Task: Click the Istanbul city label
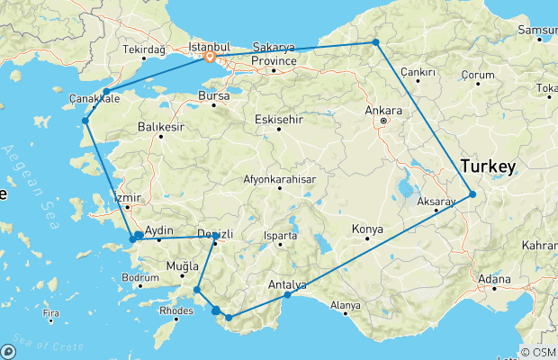coord(208,44)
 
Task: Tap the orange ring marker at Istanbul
coord(210,57)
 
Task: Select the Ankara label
coord(382,111)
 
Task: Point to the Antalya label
coord(287,284)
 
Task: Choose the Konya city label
coord(367,229)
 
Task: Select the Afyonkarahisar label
coord(280,179)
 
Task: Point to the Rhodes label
coord(175,311)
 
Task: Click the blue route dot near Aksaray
coord(472,193)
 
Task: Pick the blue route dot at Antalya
coord(287,295)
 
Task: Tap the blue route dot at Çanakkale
coord(106,92)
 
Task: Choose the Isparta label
coord(280,236)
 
